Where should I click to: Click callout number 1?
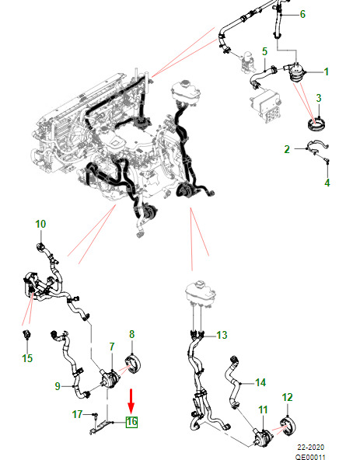(326, 71)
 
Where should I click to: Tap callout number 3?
(319, 98)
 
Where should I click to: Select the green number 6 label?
(302, 14)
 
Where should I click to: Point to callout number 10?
(40, 224)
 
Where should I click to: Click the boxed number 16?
(131, 422)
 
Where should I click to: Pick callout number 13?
(222, 335)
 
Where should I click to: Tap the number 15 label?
(27, 358)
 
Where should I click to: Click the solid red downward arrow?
(131, 401)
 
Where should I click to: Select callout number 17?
(77, 414)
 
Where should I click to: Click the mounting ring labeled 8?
(133, 364)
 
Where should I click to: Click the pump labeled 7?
(109, 378)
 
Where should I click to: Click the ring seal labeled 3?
(316, 124)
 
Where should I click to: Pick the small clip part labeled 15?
(27, 334)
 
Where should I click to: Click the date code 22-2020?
(311, 447)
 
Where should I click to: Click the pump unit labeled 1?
(296, 73)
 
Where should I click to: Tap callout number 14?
(260, 382)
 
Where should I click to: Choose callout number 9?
(58, 386)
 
